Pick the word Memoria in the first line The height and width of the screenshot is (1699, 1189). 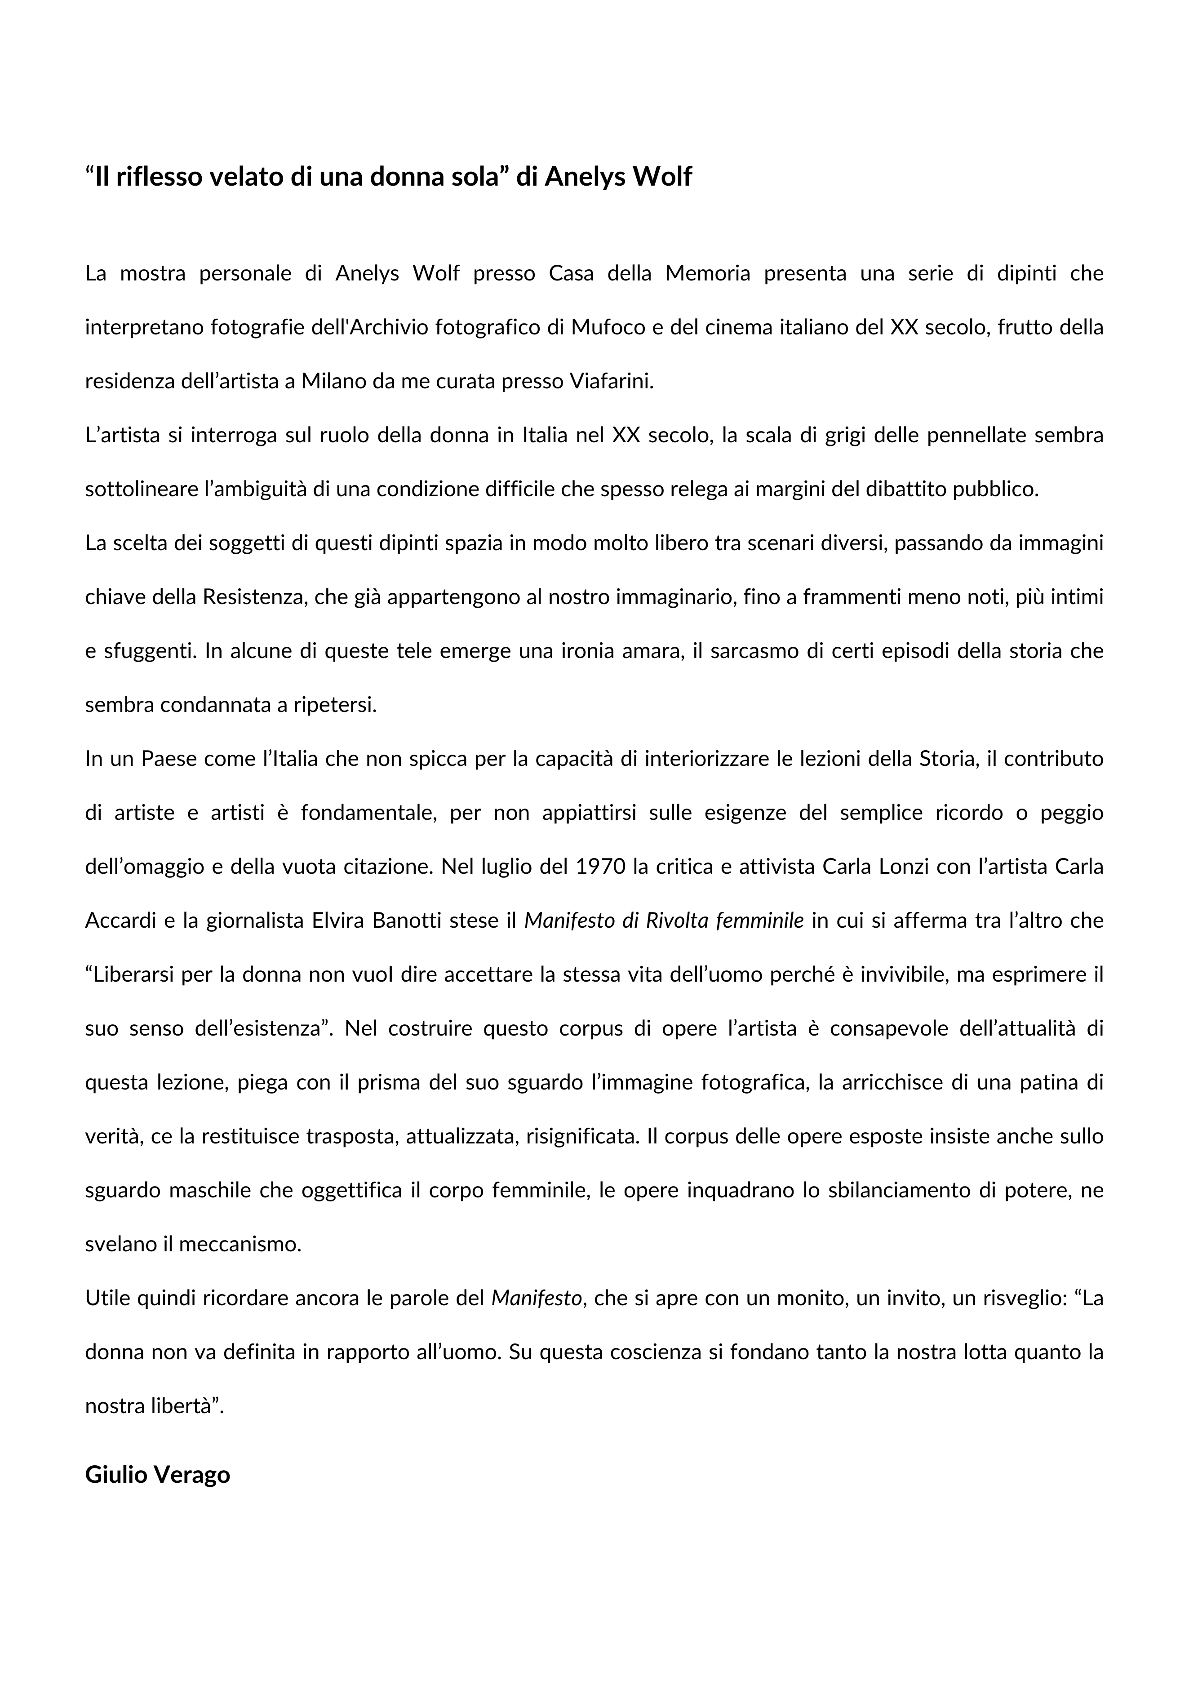point(707,273)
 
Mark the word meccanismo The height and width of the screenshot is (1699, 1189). point(240,1244)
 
